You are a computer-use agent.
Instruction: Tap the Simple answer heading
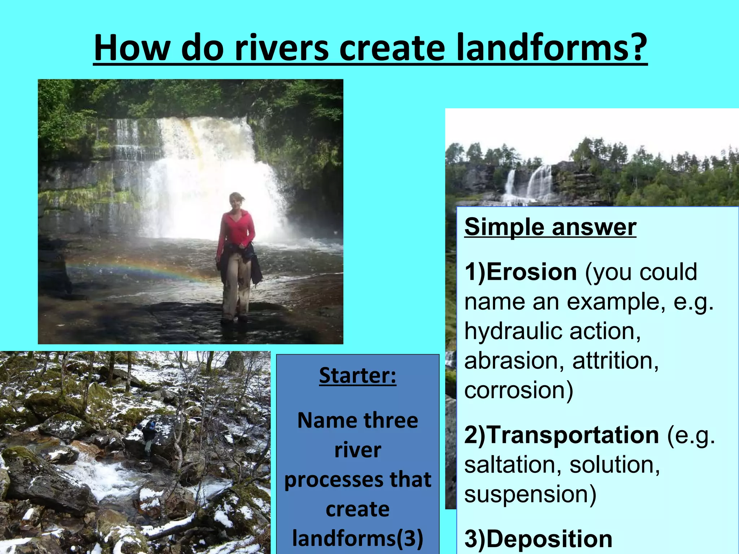tap(550, 227)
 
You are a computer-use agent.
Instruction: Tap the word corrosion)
tap(519, 390)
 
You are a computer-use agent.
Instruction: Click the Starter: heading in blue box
tap(358, 375)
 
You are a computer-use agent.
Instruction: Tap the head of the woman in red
tap(236, 201)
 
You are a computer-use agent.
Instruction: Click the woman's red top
tap(236, 229)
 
